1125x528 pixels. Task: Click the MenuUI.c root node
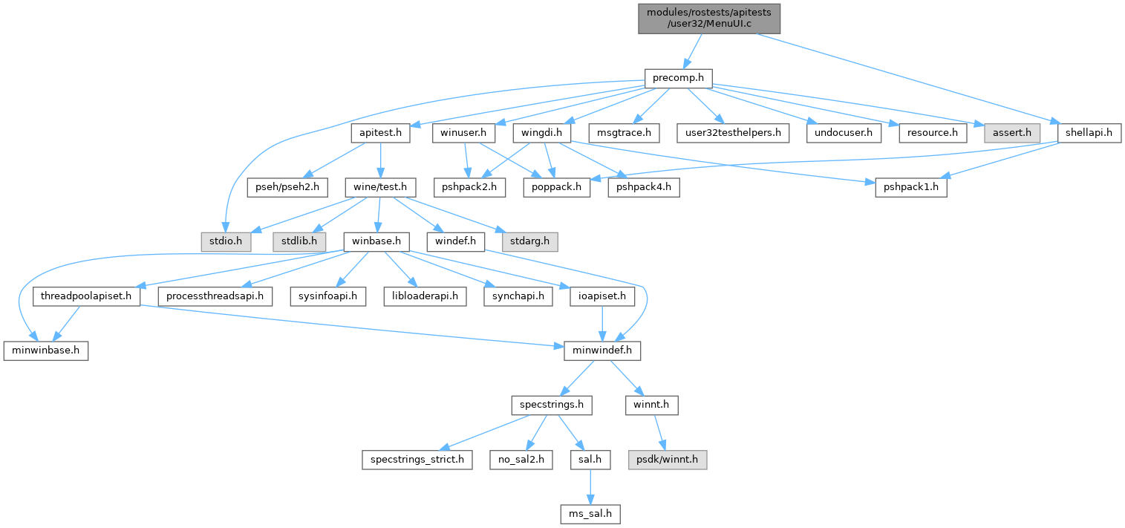pos(709,18)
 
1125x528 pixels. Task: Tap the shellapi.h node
pos(1089,133)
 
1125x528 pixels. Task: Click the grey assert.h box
pos(1011,133)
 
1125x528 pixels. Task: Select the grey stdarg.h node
pos(530,241)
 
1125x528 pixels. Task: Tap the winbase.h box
pos(376,241)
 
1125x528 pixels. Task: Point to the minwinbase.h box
pos(45,351)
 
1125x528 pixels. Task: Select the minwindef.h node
pos(602,351)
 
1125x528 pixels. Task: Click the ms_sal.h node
pos(590,514)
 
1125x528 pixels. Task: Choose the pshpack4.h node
pos(644,187)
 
